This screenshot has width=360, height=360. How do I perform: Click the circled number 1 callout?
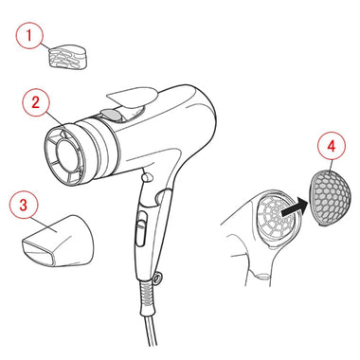click(29, 35)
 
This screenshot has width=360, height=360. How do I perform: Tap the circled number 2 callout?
click(36, 102)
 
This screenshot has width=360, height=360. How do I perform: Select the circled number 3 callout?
click(24, 205)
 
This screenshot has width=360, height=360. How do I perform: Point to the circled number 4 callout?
click(331, 146)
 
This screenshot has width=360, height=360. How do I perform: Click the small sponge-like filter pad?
click(68, 57)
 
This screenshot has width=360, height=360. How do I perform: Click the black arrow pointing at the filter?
click(294, 209)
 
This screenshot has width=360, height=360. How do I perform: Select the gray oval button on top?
click(111, 115)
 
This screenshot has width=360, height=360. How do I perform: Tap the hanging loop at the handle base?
click(157, 278)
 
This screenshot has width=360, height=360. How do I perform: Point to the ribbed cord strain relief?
click(148, 296)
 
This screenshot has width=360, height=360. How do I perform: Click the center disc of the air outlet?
click(68, 155)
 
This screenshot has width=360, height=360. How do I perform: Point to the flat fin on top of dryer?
click(132, 98)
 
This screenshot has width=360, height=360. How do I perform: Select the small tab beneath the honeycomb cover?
click(323, 225)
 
